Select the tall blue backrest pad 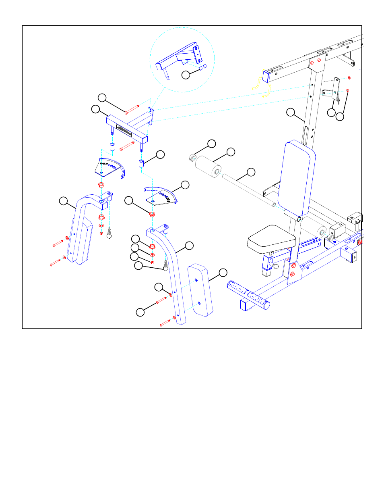coord(297,177)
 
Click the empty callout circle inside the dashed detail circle coord(186,75)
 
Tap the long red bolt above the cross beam coord(132,109)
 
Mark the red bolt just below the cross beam coord(127,146)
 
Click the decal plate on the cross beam coord(123,130)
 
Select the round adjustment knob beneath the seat coord(275,266)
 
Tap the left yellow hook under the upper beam coord(255,83)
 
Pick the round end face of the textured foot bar coord(266,305)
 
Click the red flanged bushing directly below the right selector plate coord(152,214)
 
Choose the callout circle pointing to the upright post coord(291,113)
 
